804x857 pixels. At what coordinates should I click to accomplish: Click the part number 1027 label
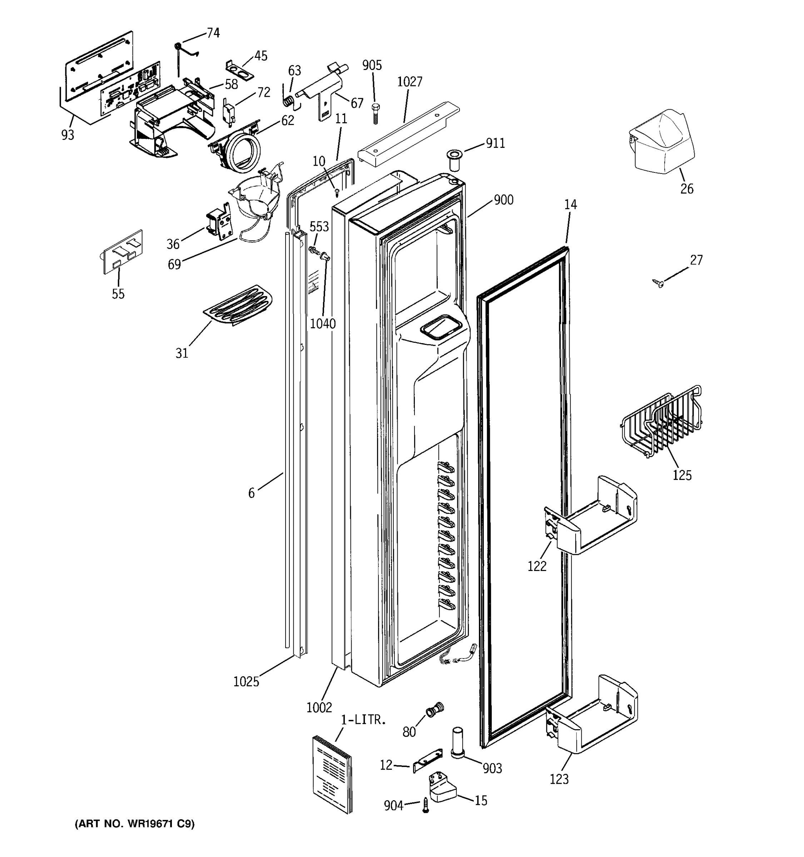(410, 82)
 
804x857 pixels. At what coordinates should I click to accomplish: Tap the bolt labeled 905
(375, 113)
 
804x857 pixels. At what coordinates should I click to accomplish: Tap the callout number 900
(503, 200)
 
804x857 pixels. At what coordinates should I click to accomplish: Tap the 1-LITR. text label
(363, 720)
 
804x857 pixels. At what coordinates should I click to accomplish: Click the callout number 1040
(323, 324)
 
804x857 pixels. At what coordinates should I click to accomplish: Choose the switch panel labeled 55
(121, 252)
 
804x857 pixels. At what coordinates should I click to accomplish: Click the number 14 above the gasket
(570, 204)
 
